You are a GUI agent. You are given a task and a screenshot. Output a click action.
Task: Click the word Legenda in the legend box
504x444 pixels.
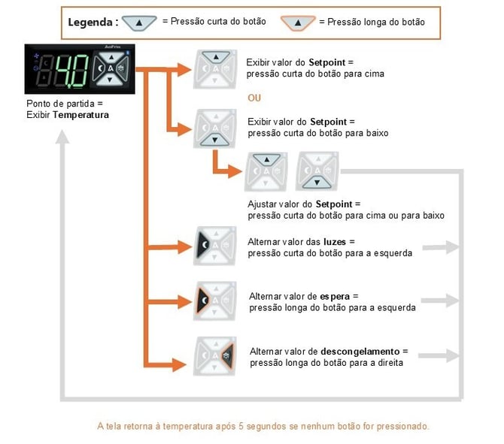[x=90, y=23]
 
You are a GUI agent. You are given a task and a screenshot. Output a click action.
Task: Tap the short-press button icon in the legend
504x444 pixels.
[x=139, y=23]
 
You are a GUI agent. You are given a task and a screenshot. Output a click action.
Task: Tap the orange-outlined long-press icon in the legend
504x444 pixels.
[x=298, y=23]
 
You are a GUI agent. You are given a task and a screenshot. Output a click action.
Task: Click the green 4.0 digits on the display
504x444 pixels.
[x=72, y=71]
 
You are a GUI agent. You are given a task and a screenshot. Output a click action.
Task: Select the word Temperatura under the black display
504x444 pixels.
[x=80, y=115]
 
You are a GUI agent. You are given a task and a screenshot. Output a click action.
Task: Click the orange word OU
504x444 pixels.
[x=254, y=98]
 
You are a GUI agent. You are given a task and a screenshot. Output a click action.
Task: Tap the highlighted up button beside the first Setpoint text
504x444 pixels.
[x=216, y=58]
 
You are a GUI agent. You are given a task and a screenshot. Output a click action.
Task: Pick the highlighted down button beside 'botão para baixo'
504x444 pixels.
[x=214, y=140]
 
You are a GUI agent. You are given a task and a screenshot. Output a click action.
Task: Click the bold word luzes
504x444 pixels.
[x=335, y=242]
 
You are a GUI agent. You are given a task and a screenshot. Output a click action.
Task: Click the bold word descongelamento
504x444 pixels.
[x=360, y=352]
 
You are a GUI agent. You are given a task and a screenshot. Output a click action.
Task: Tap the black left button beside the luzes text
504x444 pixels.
[x=203, y=245]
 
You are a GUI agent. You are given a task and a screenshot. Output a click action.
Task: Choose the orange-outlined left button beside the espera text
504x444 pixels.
[x=202, y=301]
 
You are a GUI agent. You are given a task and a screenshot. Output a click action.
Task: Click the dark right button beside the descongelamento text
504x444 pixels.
[x=228, y=355]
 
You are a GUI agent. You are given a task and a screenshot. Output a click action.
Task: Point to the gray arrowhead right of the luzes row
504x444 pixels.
[x=453, y=247]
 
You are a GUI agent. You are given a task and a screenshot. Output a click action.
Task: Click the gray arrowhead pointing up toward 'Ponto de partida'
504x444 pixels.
[x=62, y=137]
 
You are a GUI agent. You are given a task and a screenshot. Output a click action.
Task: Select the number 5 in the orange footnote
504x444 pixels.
[x=241, y=426]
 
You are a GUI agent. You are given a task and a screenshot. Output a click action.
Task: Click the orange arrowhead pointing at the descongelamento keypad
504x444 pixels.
[x=179, y=365]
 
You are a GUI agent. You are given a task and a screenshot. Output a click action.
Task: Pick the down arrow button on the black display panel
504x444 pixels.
[x=110, y=80]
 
